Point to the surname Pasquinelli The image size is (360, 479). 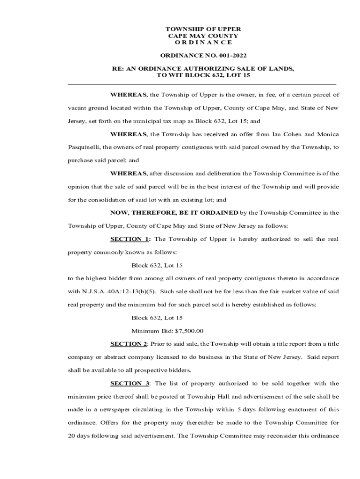84,147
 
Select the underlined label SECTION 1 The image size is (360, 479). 129,239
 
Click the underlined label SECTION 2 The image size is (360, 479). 129,344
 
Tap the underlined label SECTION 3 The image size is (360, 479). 129,384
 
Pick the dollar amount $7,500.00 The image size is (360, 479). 189,331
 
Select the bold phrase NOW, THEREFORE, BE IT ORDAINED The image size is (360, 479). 174,212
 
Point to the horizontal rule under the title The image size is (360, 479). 202,84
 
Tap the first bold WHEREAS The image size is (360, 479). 129,94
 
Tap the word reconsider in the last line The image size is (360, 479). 288,436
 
